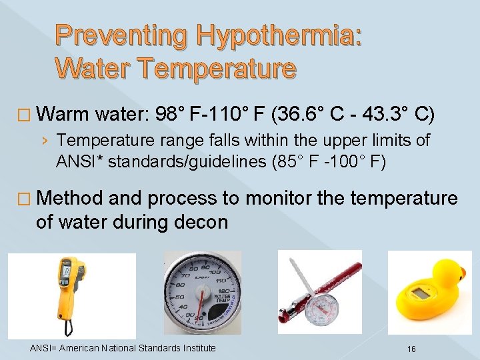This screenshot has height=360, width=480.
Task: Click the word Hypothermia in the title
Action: [x=274, y=36]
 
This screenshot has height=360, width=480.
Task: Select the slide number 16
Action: [x=411, y=349]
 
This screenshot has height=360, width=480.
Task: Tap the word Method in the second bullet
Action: [x=70, y=198]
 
